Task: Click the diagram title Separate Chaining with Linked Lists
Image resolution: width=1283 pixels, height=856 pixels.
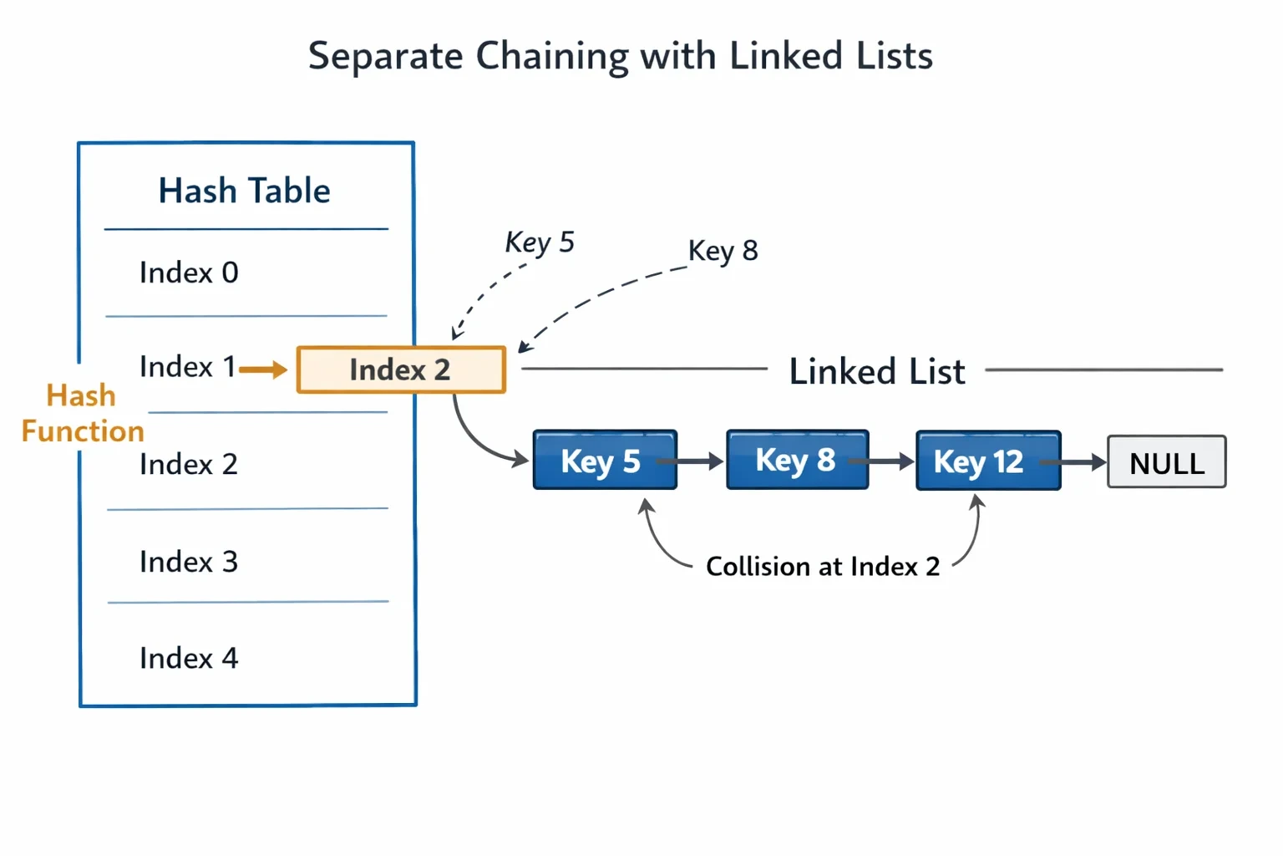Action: (621, 56)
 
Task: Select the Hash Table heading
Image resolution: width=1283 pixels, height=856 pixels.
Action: (245, 191)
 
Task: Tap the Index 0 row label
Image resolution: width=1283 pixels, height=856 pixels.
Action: (189, 273)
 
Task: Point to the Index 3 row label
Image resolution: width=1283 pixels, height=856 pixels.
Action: (189, 561)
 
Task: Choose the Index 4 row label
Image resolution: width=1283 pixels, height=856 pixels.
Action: (189, 658)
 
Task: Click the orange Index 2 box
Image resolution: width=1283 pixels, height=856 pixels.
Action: (401, 369)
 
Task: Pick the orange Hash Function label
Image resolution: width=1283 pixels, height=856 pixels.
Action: (83, 413)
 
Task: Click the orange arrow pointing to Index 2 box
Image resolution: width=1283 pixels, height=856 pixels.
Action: (263, 369)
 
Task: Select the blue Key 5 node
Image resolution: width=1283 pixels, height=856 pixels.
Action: (605, 460)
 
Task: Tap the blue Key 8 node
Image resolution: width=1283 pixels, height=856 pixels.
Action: (798, 459)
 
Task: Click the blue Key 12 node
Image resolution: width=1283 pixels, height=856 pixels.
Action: (989, 461)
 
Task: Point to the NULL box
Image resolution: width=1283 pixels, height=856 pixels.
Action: (1167, 461)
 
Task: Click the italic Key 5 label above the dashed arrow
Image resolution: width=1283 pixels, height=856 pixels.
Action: (540, 242)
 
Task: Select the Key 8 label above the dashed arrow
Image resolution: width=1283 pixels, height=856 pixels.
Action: (723, 251)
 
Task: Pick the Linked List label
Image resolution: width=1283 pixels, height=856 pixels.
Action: (877, 371)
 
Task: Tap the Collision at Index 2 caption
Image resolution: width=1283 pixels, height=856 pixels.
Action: (823, 567)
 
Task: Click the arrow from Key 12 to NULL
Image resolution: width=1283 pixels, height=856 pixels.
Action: (1073, 461)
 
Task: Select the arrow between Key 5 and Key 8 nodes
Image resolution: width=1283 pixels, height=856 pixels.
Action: (690, 461)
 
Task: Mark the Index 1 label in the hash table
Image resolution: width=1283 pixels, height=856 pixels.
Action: (187, 366)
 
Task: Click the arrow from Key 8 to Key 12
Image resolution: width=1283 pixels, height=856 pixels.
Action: (881, 461)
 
